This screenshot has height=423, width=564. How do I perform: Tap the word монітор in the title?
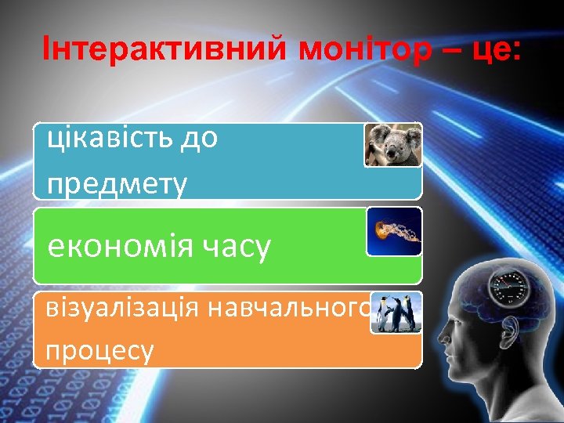click(x=364, y=52)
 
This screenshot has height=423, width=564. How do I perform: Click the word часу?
click(x=240, y=248)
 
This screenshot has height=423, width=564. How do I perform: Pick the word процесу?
click(x=99, y=350)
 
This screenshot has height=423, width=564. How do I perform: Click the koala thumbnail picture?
click(x=392, y=146)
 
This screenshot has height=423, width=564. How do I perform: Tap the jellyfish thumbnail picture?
click(x=393, y=231)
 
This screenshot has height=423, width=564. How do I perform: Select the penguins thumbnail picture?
click(x=396, y=314)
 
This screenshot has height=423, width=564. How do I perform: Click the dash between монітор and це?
click(x=449, y=53)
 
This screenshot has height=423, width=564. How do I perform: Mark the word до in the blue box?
click(x=199, y=139)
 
